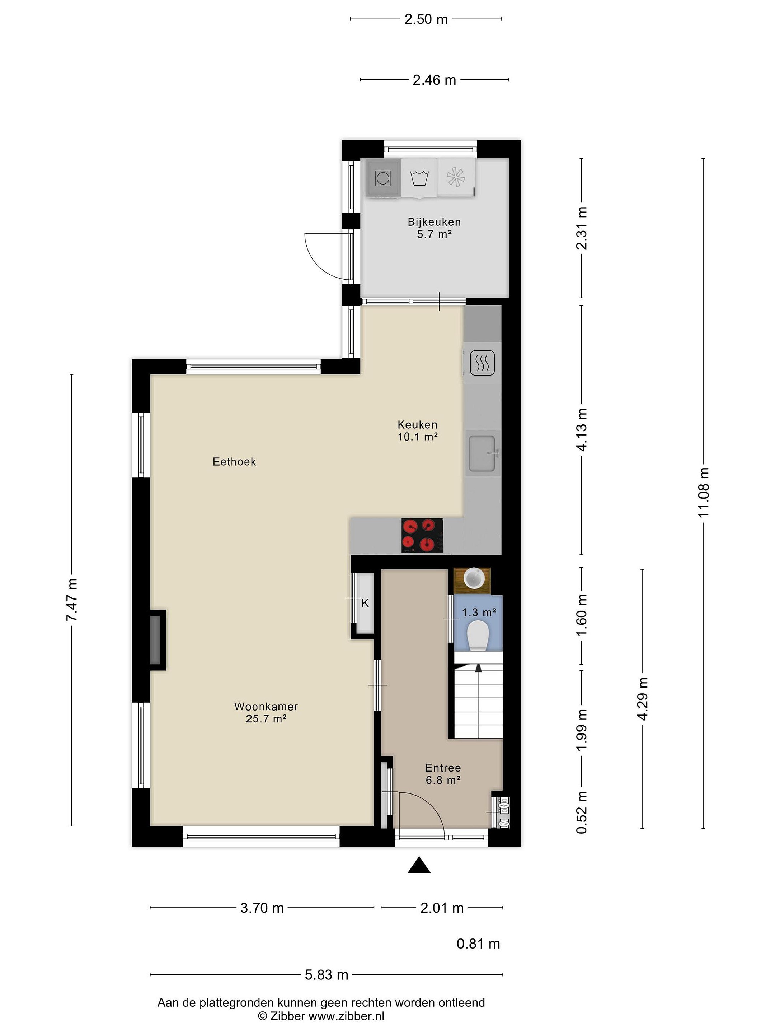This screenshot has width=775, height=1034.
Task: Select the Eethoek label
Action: (x=234, y=461)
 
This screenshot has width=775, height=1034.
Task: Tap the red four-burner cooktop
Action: (x=422, y=535)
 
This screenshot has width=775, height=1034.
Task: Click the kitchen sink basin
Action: (x=483, y=453)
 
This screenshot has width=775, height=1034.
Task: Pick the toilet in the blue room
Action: (x=478, y=635)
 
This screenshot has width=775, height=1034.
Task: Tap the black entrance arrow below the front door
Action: (x=419, y=865)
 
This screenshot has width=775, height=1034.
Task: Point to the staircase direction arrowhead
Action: (x=478, y=668)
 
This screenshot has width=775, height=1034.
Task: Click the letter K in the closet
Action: (x=365, y=603)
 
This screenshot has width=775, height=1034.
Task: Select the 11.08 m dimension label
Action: (x=704, y=492)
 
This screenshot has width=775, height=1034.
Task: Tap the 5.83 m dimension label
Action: (x=327, y=975)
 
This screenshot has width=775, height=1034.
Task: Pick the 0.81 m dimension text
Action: (x=478, y=944)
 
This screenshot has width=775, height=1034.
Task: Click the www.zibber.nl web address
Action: (x=346, y=1015)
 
